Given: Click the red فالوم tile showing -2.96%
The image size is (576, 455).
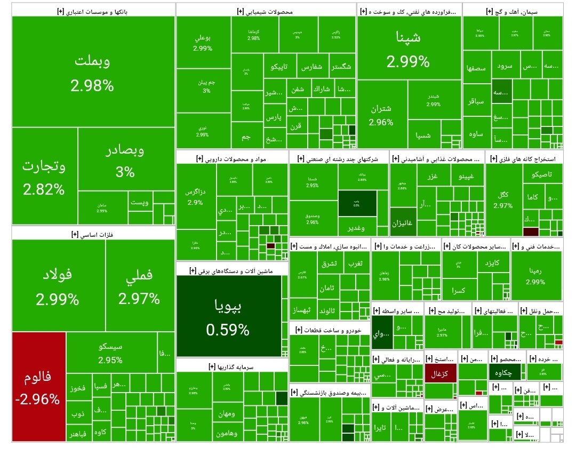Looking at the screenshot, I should [39, 387].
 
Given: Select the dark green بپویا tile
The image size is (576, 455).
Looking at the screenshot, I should [228, 316].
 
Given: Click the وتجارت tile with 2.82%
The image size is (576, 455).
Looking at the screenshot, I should [44, 176].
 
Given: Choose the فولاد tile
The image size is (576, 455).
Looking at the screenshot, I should [58, 285].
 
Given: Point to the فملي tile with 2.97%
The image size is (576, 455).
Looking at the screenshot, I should [139, 285].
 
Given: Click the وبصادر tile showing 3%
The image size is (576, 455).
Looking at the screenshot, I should [126, 160].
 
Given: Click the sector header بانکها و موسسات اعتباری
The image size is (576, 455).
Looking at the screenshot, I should [93, 10].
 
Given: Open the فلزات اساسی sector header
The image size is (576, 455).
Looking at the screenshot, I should [93, 234].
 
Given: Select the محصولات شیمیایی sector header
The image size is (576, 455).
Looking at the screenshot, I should [266, 10].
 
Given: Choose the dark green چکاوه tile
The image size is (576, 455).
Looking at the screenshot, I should [501, 372].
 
